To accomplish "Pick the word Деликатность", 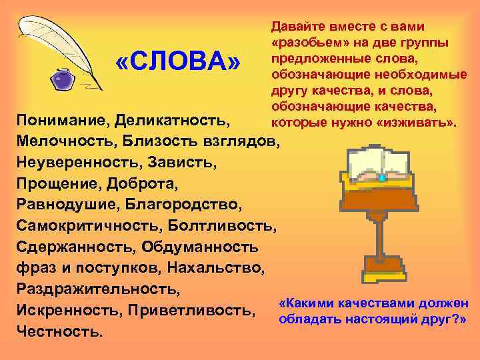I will (x=172, y=122).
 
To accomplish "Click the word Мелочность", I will (x=62, y=142).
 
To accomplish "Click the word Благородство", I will (x=193, y=205).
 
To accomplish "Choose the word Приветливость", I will (x=202, y=309).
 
